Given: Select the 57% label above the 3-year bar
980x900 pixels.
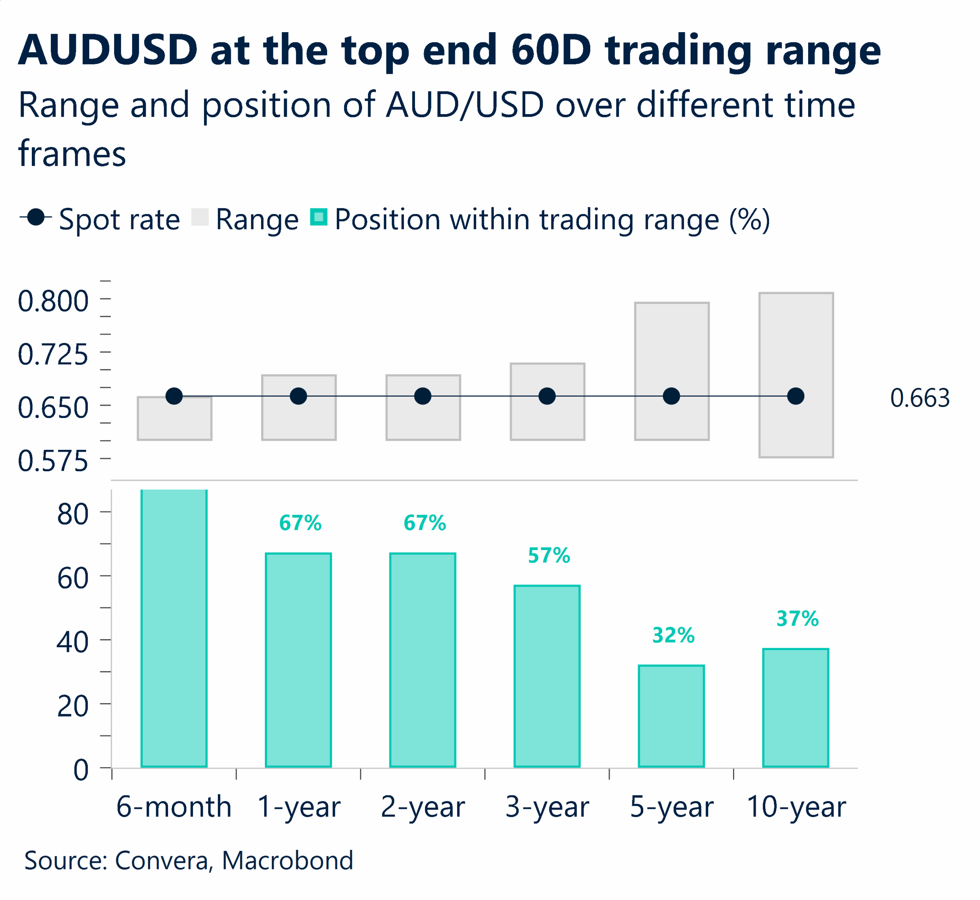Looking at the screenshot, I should [x=549, y=556].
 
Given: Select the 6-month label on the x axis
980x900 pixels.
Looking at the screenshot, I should [x=173, y=807].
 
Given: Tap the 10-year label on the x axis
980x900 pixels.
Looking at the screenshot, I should [x=796, y=807].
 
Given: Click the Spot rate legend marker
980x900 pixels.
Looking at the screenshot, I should [x=36, y=217].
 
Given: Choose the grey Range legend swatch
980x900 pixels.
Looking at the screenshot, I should [x=200, y=217].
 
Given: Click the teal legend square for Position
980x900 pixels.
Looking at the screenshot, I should [x=318, y=217].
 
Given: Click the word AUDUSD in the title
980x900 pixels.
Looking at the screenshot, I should [x=108, y=50].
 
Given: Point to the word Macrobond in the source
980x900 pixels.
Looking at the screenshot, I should [x=287, y=861].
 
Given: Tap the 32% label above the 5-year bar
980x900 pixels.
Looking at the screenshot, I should [x=673, y=635].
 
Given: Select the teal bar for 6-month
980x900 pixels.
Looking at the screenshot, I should [x=174, y=628].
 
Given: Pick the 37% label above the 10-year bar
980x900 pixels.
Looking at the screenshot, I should [x=797, y=619].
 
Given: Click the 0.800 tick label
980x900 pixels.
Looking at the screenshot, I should [x=52, y=301].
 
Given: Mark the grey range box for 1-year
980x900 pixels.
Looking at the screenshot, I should [x=299, y=419].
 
